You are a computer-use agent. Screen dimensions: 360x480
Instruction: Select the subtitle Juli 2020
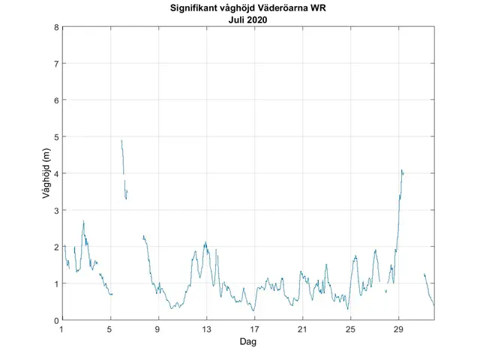tap(249, 20)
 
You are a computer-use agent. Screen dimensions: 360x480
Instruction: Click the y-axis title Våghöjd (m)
tap(46, 173)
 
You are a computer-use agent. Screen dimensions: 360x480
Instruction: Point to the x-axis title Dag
tap(249, 341)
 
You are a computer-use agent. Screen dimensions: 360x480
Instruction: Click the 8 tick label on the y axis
tap(56, 28)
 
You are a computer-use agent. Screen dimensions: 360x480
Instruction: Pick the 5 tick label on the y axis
tap(56, 137)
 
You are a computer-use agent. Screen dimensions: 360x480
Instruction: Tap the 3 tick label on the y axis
tap(56, 210)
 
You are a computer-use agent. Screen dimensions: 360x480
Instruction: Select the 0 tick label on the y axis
tap(56, 320)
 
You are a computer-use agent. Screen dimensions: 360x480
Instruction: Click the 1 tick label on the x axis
tap(62, 329)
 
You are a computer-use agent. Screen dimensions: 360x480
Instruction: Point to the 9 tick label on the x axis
tap(158, 329)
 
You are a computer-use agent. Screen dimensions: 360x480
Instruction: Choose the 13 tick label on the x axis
tap(206, 329)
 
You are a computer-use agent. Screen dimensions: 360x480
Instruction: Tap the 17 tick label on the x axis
tap(254, 329)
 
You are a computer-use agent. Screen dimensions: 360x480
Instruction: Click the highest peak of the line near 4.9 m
tap(121, 140)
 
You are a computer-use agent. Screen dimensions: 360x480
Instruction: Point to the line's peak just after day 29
tap(402, 170)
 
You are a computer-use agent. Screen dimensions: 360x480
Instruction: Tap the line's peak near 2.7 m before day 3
tap(83, 221)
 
